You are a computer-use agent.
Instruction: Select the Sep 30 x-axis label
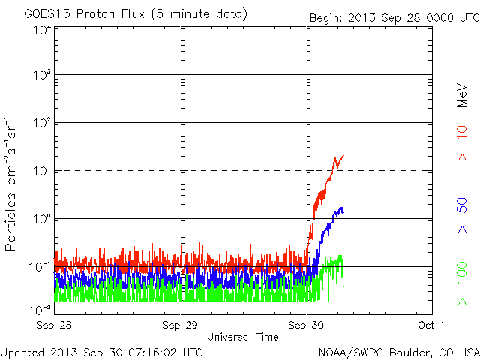[x=306, y=325]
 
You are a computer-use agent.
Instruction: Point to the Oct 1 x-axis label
[x=432, y=325]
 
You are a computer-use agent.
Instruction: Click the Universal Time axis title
[x=242, y=337]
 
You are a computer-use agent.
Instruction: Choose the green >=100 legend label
[x=463, y=282]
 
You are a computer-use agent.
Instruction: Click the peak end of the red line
[x=343, y=156]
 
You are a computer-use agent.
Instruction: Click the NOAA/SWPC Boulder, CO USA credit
[x=397, y=352]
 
